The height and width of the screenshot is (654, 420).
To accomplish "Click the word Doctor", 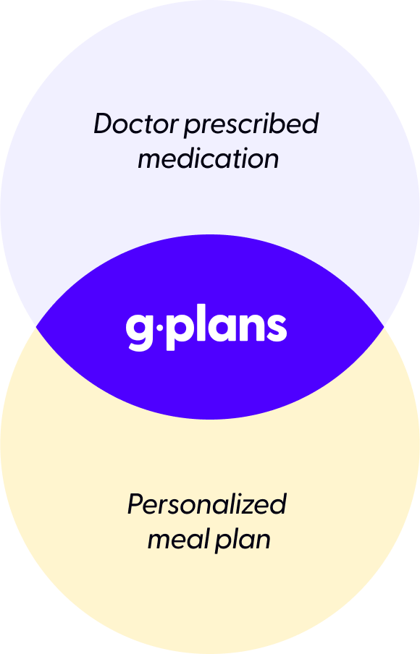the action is coord(136,124).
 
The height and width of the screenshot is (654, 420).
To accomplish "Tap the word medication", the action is coord(209,159).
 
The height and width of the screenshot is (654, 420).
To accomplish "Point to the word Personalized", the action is coord(207,504).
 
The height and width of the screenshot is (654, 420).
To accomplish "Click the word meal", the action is coord(180,539).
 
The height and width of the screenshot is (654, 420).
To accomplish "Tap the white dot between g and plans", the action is coord(160,328).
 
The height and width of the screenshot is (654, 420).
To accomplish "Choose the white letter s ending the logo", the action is coord(276,328).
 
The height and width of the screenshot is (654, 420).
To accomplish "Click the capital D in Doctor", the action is coord(106,124).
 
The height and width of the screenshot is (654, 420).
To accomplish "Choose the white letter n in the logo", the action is coord(250,328).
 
